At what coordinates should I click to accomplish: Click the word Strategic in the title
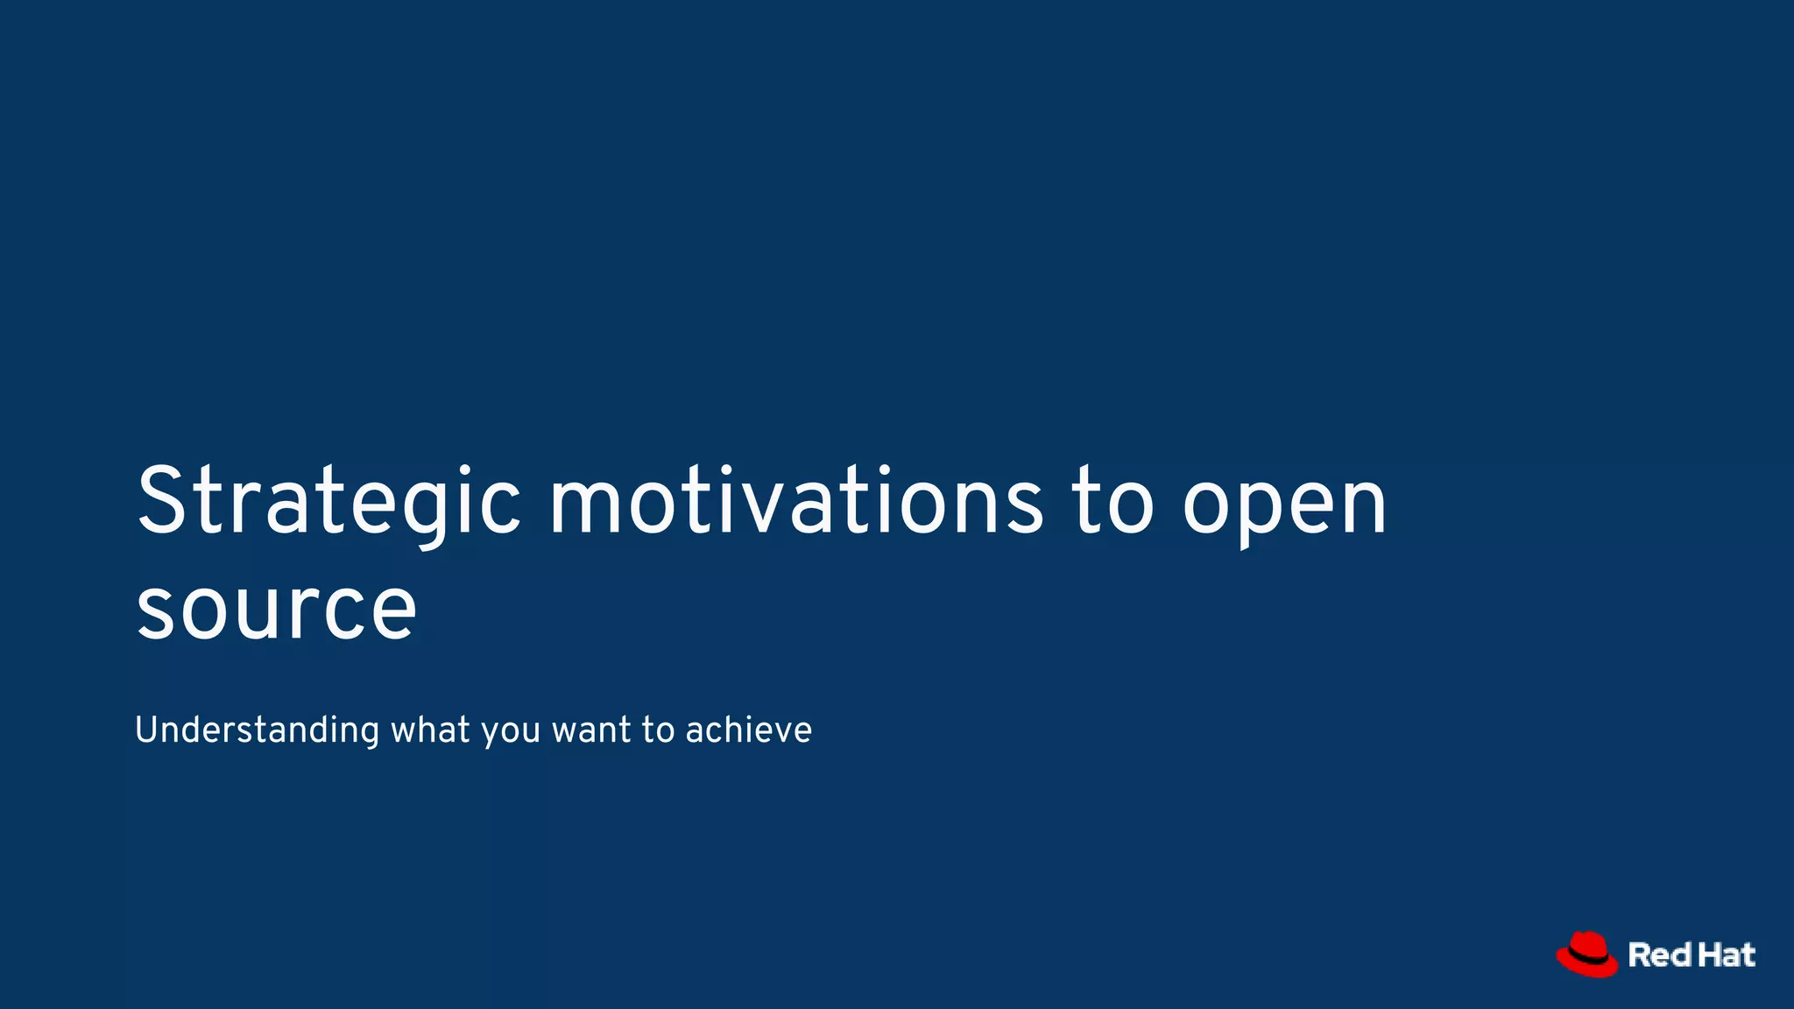(328, 501)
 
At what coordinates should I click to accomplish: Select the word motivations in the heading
(795, 501)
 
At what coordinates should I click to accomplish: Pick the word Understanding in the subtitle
(257, 730)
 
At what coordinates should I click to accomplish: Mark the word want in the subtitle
(591, 730)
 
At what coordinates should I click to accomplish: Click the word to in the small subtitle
(658, 730)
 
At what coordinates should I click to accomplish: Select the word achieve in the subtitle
(749, 730)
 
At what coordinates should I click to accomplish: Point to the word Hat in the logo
(1727, 955)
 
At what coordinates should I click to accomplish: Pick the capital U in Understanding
(146, 729)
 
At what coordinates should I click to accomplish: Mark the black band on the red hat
(1587, 962)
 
